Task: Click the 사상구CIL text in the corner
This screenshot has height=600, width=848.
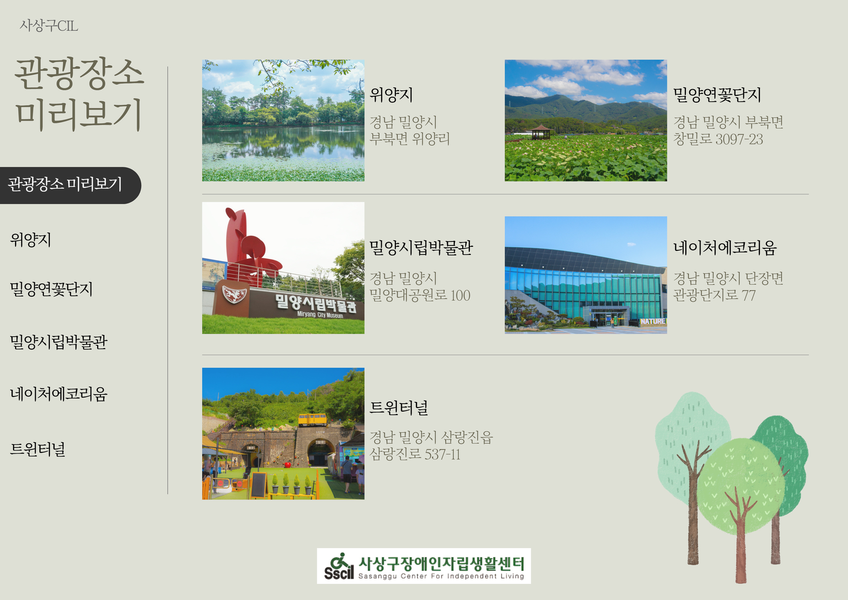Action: coord(49,26)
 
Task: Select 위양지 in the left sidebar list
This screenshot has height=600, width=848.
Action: coord(31,240)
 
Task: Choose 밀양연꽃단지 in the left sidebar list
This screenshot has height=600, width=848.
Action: coord(51,289)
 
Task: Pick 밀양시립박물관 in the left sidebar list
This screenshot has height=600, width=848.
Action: coord(59,342)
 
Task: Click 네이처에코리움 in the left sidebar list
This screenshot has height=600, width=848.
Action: coord(59,394)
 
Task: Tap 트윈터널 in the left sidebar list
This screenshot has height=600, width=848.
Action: coord(37,449)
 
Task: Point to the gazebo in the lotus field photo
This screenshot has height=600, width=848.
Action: coord(541,132)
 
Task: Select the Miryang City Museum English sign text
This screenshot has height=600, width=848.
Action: coord(320,315)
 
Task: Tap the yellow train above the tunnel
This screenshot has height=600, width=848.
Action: coord(312,420)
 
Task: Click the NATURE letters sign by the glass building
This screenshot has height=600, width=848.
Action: coord(653,321)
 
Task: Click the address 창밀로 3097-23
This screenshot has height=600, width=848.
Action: coord(718,139)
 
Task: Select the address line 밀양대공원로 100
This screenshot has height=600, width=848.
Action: coord(420,295)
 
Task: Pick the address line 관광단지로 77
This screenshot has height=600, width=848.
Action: coord(714,295)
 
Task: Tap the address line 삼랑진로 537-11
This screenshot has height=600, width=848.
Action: coord(415,454)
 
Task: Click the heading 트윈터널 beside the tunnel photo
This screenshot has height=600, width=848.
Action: coord(399,408)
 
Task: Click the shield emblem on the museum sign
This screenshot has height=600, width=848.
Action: coord(234,294)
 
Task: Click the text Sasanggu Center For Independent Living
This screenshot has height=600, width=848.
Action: coord(441,576)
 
